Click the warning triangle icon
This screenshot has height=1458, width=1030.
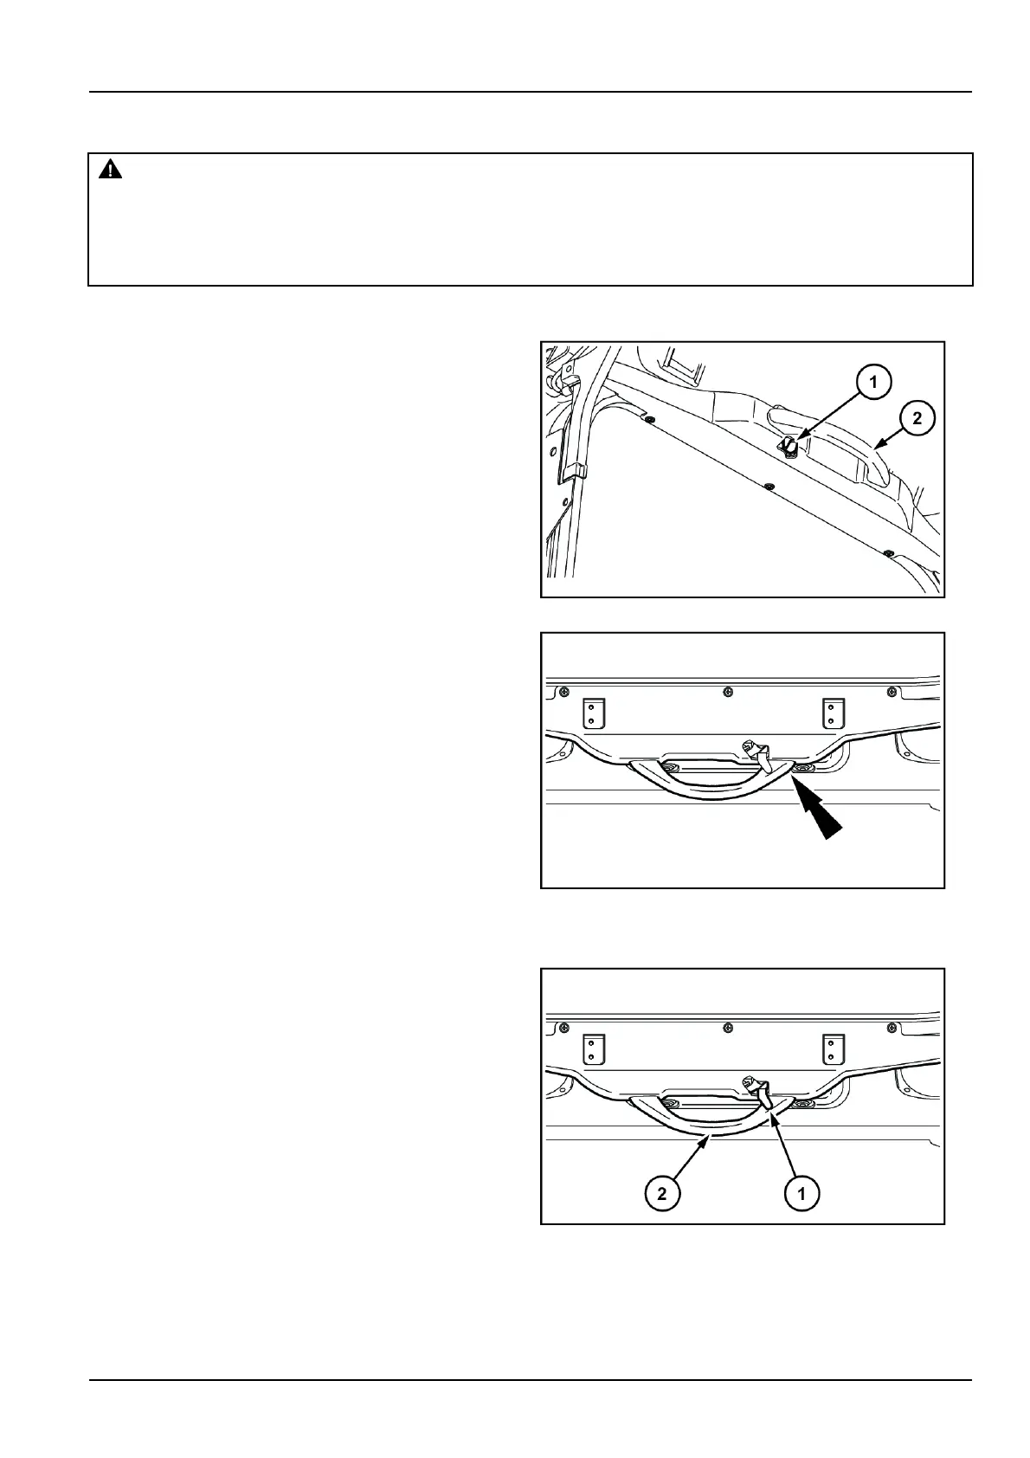click(110, 171)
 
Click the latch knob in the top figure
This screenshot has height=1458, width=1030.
click(789, 446)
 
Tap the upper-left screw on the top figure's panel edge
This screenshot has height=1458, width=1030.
click(650, 420)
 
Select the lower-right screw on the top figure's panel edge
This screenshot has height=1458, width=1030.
click(887, 552)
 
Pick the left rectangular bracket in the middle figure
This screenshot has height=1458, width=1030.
click(592, 713)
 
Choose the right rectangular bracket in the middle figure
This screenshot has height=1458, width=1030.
click(832, 713)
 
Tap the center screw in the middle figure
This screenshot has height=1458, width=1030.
click(728, 691)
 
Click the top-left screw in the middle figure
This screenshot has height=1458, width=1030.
click(564, 691)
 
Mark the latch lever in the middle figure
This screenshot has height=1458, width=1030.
click(759, 754)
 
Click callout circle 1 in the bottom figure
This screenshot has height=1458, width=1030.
click(801, 1194)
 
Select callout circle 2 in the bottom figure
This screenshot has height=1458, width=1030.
click(662, 1194)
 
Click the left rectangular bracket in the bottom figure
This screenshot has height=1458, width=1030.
click(592, 1048)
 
